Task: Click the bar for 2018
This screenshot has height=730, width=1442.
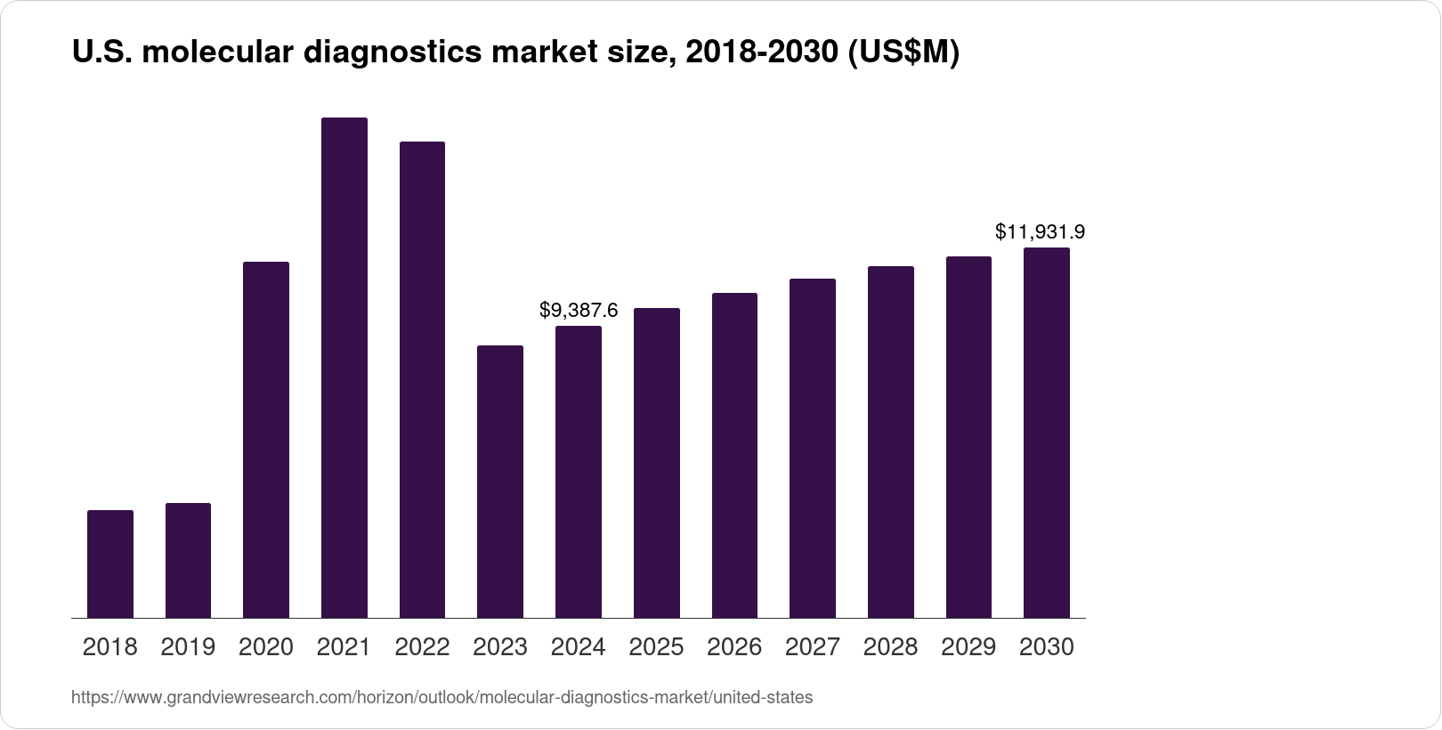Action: [x=110, y=564]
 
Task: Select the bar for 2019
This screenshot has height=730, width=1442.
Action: [x=188, y=560]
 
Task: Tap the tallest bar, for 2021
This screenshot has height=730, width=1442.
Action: [x=344, y=367]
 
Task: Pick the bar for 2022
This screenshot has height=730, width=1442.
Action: [x=422, y=379]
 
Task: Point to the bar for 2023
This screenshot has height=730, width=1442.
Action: [x=500, y=481]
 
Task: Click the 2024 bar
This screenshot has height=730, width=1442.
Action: [x=579, y=472]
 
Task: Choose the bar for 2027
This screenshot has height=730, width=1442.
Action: [x=812, y=448]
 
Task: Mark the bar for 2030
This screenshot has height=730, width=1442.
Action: [x=1047, y=433]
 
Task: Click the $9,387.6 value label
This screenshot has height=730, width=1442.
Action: [x=579, y=311]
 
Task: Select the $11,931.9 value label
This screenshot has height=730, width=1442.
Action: [x=1040, y=232]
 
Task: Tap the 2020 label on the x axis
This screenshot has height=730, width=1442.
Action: [x=266, y=647]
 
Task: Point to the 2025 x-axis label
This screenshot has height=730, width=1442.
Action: [x=657, y=647]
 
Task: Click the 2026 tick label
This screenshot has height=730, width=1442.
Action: [x=734, y=647]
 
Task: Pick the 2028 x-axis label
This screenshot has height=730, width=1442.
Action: [x=891, y=647]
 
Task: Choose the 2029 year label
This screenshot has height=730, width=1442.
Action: [x=968, y=647]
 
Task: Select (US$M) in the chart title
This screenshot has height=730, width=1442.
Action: [x=903, y=53]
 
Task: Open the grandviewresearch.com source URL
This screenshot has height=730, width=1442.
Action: [x=442, y=698]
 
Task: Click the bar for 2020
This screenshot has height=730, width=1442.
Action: [x=266, y=440]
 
